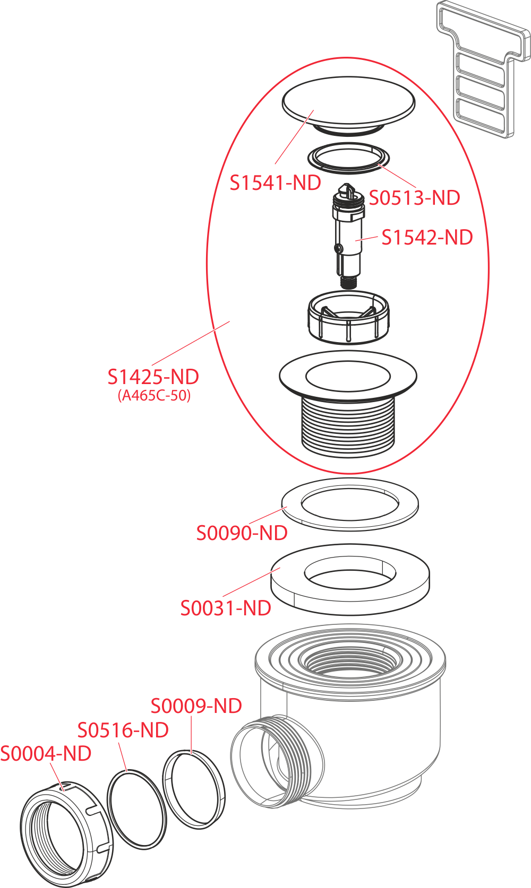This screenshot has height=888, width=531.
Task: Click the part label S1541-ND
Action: click(276, 183)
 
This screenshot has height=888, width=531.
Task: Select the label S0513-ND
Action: click(414, 197)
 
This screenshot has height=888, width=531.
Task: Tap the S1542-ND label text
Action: click(427, 237)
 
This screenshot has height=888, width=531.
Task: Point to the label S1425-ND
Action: click(153, 377)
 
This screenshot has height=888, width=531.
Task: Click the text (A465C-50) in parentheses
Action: click(154, 395)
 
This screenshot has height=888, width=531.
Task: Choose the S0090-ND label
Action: click(242, 533)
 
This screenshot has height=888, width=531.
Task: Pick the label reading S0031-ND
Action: click(226, 608)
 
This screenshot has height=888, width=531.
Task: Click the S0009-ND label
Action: click(196, 706)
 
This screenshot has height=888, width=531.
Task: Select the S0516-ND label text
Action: click(123, 730)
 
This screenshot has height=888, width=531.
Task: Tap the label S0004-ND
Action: click(46, 753)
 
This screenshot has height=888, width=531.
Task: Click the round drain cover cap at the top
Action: click(348, 106)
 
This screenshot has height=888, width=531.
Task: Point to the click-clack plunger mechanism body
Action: click(348, 236)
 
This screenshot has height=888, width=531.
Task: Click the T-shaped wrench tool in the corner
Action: click(483, 69)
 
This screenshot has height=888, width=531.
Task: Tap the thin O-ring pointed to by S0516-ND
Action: click(136, 807)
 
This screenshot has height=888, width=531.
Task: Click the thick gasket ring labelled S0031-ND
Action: click(349, 579)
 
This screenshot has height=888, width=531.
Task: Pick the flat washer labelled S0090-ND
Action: click(349, 504)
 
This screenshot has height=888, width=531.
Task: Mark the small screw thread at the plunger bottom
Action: click(348, 283)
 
